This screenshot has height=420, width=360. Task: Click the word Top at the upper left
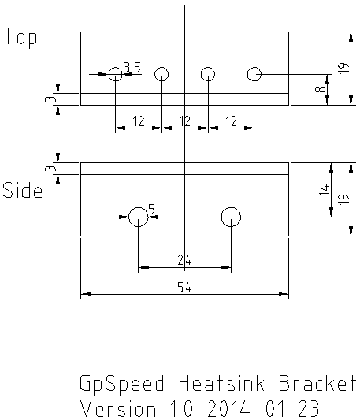[x=20, y=37]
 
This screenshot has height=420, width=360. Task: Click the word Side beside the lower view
[x=23, y=190]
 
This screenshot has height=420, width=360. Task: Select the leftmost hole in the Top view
[x=116, y=68]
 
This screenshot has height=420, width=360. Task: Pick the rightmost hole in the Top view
[x=254, y=68]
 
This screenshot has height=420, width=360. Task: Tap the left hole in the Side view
[x=138, y=207]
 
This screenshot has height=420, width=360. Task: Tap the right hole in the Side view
[x=231, y=207]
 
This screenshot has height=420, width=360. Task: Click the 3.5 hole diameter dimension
[x=132, y=67]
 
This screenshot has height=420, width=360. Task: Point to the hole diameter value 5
[x=151, y=209]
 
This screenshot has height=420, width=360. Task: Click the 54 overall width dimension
[x=184, y=288]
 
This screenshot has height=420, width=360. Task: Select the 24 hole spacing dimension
[x=184, y=260]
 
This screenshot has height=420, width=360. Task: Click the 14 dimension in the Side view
[x=325, y=189]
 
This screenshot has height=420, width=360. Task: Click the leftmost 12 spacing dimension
[x=139, y=121]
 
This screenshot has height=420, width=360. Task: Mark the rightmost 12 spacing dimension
[x=231, y=121]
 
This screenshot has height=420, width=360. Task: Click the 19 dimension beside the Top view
[x=343, y=68]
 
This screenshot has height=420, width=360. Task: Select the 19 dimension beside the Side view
[x=343, y=199]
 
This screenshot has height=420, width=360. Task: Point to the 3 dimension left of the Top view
[x=50, y=99]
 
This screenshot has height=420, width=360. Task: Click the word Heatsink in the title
[x=221, y=383]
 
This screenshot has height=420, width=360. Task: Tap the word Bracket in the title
[x=317, y=383]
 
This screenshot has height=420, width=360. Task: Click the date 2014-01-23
[x=263, y=408]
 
